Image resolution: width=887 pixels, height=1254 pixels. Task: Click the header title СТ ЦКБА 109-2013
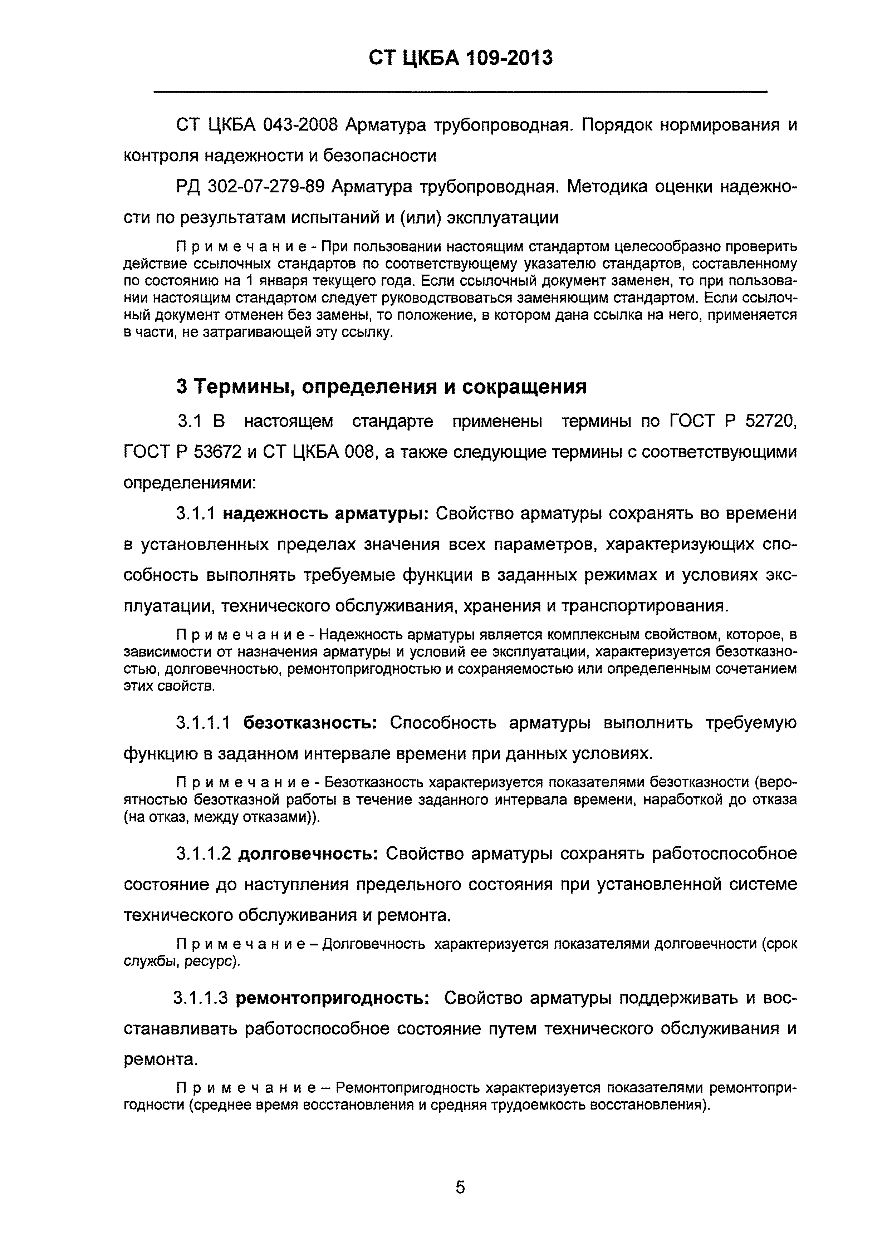coord(460,58)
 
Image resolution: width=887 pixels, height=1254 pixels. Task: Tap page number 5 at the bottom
coord(460,1187)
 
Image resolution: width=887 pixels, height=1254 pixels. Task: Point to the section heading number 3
coord(182,387)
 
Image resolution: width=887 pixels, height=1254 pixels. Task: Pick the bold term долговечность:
coord(309,853)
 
